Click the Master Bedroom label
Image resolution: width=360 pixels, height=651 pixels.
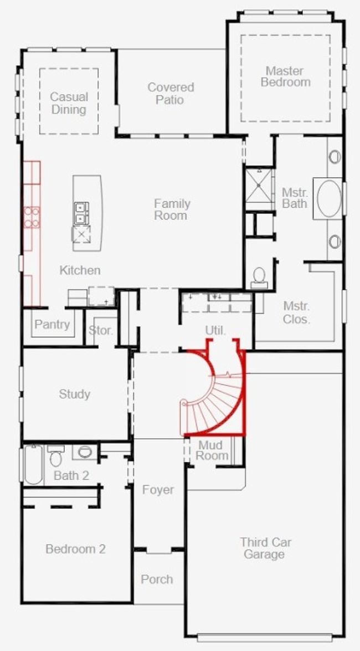286,76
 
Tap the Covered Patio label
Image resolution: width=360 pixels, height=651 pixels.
171,94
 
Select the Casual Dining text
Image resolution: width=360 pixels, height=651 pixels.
69,103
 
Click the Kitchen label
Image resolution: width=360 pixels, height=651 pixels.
80,270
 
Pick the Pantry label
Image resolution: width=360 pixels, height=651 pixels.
52,324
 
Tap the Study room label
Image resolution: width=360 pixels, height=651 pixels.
75,394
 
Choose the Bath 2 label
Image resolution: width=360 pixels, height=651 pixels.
71,475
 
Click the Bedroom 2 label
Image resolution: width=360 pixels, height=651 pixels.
75,549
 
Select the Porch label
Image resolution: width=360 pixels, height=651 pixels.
157,579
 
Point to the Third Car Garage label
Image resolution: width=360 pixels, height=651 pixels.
265,548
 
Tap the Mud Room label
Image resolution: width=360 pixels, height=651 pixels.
212,450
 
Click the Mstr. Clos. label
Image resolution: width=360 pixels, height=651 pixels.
296,312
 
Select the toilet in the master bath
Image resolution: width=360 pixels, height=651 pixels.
259,278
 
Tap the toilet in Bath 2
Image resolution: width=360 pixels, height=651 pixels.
55,455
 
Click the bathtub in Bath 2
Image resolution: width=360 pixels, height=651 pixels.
33,464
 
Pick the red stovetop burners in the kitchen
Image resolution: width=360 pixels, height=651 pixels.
32,217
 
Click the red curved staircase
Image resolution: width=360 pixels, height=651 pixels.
213,392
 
